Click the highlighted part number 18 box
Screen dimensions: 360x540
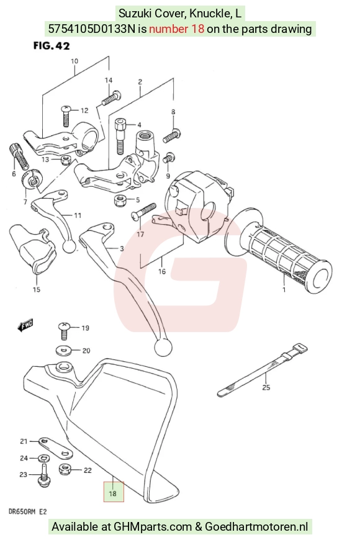tap(114, 492)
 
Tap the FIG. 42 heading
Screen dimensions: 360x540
tap(52, 46)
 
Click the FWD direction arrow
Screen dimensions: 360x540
tap(25, 325)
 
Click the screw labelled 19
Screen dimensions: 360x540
tap(65, 331)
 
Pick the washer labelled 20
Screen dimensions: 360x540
tap(63, 351)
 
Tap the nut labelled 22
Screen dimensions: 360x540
tap(65, 469)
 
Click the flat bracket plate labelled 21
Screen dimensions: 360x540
tap(56, 448)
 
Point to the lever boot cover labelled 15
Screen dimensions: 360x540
tap(32, 249)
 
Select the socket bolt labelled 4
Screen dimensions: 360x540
tap(120, 136)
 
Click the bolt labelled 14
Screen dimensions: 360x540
tap(111, 97)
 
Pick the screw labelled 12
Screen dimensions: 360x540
tap(66, 115)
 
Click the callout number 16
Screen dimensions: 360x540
tap(162, 271)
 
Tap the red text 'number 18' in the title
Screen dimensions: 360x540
tap(177, 29)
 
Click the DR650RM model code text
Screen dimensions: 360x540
tap(22, 512)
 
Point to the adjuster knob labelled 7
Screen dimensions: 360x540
tap(30, 179)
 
